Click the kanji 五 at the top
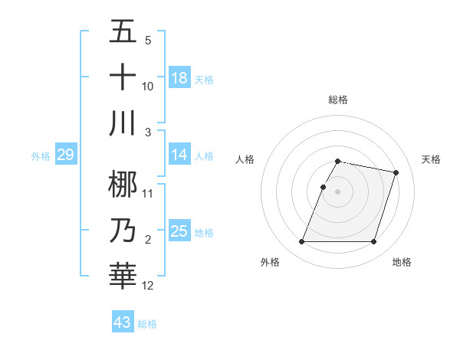coord(123,32)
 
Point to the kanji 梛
coord(123,184)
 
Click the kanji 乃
coord(123,230)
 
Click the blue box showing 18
coord(179,78)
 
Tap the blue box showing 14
coord(179,155)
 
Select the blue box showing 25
coord(179,231)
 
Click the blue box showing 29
coord(65,155)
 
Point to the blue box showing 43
coord(123,322)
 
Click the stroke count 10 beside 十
coord(148,87)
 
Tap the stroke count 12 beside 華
coord(148,286)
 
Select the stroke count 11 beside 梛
coord(148,194)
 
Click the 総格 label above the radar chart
coord(337,100)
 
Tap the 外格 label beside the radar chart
coord(270,263)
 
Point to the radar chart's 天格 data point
coord(396,172)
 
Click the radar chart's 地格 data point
coord(373,242)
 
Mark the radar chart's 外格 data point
coord(301,242)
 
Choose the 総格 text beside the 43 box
coord(147,324)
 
